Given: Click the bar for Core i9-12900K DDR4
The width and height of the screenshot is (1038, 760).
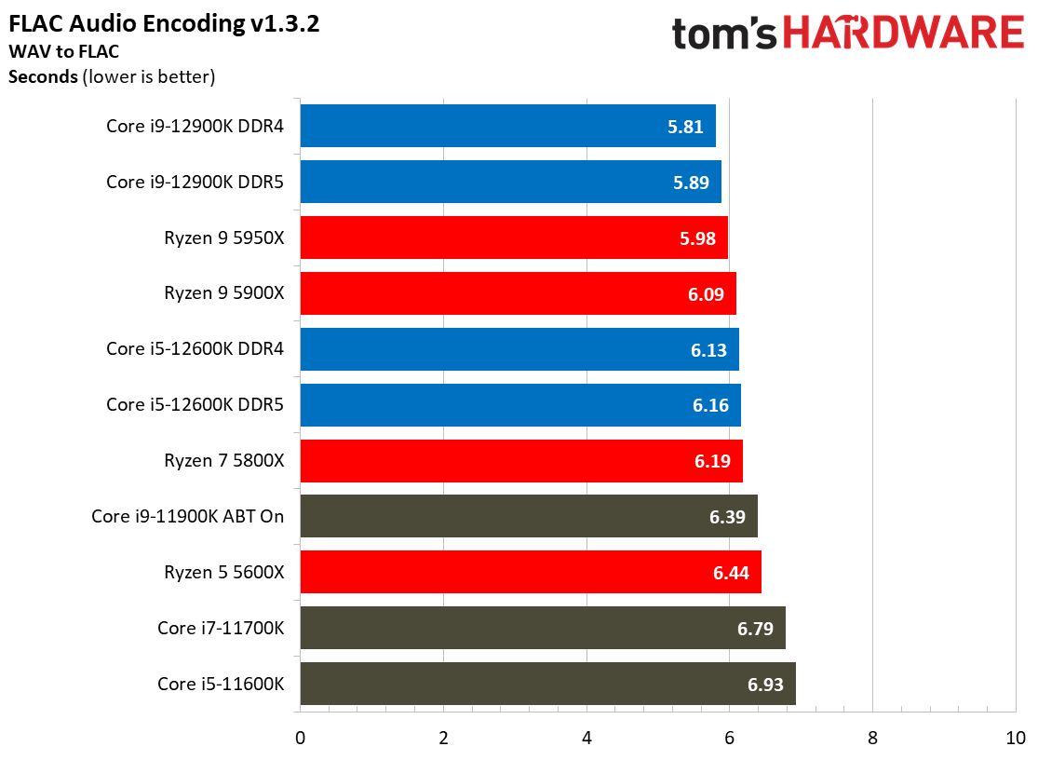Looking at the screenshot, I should coord(507,126).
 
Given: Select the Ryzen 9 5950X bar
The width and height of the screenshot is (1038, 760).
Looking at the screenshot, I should coord(514,237).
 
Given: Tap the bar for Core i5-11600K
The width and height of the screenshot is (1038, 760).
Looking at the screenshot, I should coord(547,684).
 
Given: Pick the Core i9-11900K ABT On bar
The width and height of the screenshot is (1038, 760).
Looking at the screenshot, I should coord(529,516).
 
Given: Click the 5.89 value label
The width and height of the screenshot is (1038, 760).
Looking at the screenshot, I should coord(691,183).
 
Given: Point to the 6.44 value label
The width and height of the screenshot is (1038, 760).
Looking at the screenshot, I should coord(732,573).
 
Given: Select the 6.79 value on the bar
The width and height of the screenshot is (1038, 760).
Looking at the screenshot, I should coord(756,629).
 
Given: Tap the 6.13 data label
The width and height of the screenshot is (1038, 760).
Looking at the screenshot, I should coord(708,350).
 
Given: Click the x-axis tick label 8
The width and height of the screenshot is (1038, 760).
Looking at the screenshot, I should coord(872,739).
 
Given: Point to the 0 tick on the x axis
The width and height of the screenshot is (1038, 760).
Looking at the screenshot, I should coord(300,739).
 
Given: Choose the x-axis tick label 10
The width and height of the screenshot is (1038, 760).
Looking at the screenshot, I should coord(1015,739).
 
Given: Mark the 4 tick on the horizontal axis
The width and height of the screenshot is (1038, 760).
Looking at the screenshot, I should coord(586,739).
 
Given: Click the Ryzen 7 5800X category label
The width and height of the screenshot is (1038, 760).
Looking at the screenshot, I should coord(224,460).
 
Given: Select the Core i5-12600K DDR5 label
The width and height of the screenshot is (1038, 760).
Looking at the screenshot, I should coord(195,404).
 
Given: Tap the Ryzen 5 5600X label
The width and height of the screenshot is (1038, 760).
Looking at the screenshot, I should coord(224,572).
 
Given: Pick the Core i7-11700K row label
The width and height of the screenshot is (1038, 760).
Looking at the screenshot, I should coord(221,628).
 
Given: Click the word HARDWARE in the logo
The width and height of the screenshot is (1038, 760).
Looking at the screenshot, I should coord(903,34).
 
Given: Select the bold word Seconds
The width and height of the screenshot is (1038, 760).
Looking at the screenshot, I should coord(43,76).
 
